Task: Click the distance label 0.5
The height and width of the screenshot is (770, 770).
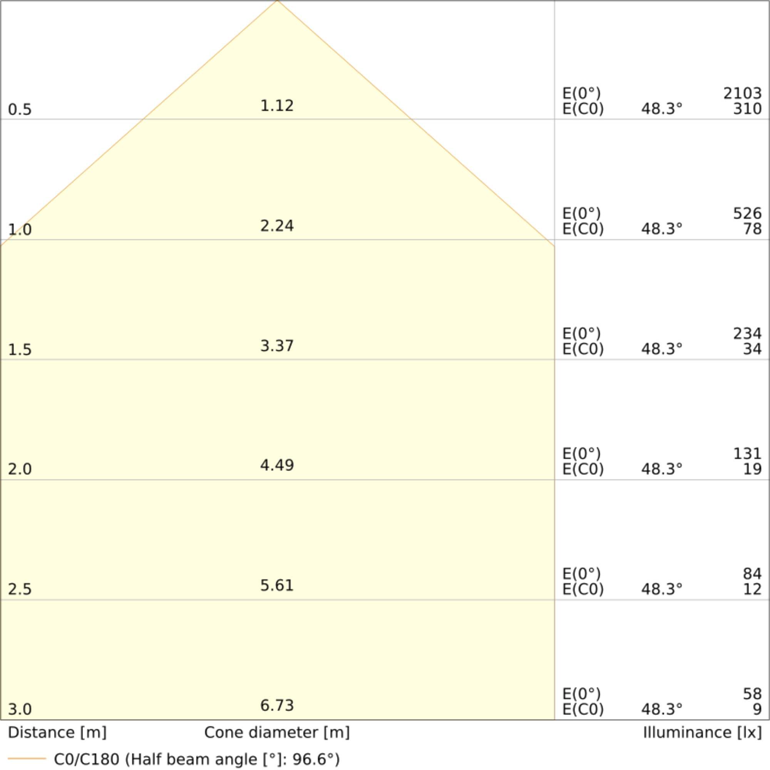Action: click(20, 110)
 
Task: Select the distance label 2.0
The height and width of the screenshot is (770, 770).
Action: click(20, 469)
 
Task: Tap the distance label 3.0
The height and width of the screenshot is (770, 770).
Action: click(20, 709)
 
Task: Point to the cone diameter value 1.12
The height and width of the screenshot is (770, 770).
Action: click(277, 105)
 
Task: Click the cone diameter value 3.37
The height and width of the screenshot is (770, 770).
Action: click(277, 346)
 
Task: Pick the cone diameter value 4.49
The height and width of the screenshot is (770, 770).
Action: click(277, 465)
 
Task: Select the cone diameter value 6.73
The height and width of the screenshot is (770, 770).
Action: click(277, 705)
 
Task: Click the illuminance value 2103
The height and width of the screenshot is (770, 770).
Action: click(742, 94)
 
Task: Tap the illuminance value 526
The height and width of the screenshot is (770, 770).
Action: click(747, 214)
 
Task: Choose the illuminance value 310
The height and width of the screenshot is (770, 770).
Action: click(747, 109)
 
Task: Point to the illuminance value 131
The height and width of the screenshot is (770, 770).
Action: click(747, 454)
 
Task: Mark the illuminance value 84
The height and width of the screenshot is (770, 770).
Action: click(752, 574)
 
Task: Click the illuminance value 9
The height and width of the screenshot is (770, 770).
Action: click(757, 709)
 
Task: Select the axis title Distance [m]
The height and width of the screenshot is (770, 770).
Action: click(57, 733)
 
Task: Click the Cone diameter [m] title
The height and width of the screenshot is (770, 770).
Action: click(277, 733)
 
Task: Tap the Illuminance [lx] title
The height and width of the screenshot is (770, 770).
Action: click(702, 733)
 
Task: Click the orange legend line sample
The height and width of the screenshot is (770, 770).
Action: click(27, 758)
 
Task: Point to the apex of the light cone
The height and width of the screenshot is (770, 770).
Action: click(277, 1)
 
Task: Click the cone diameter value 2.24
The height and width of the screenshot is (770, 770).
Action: click(277, 226)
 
